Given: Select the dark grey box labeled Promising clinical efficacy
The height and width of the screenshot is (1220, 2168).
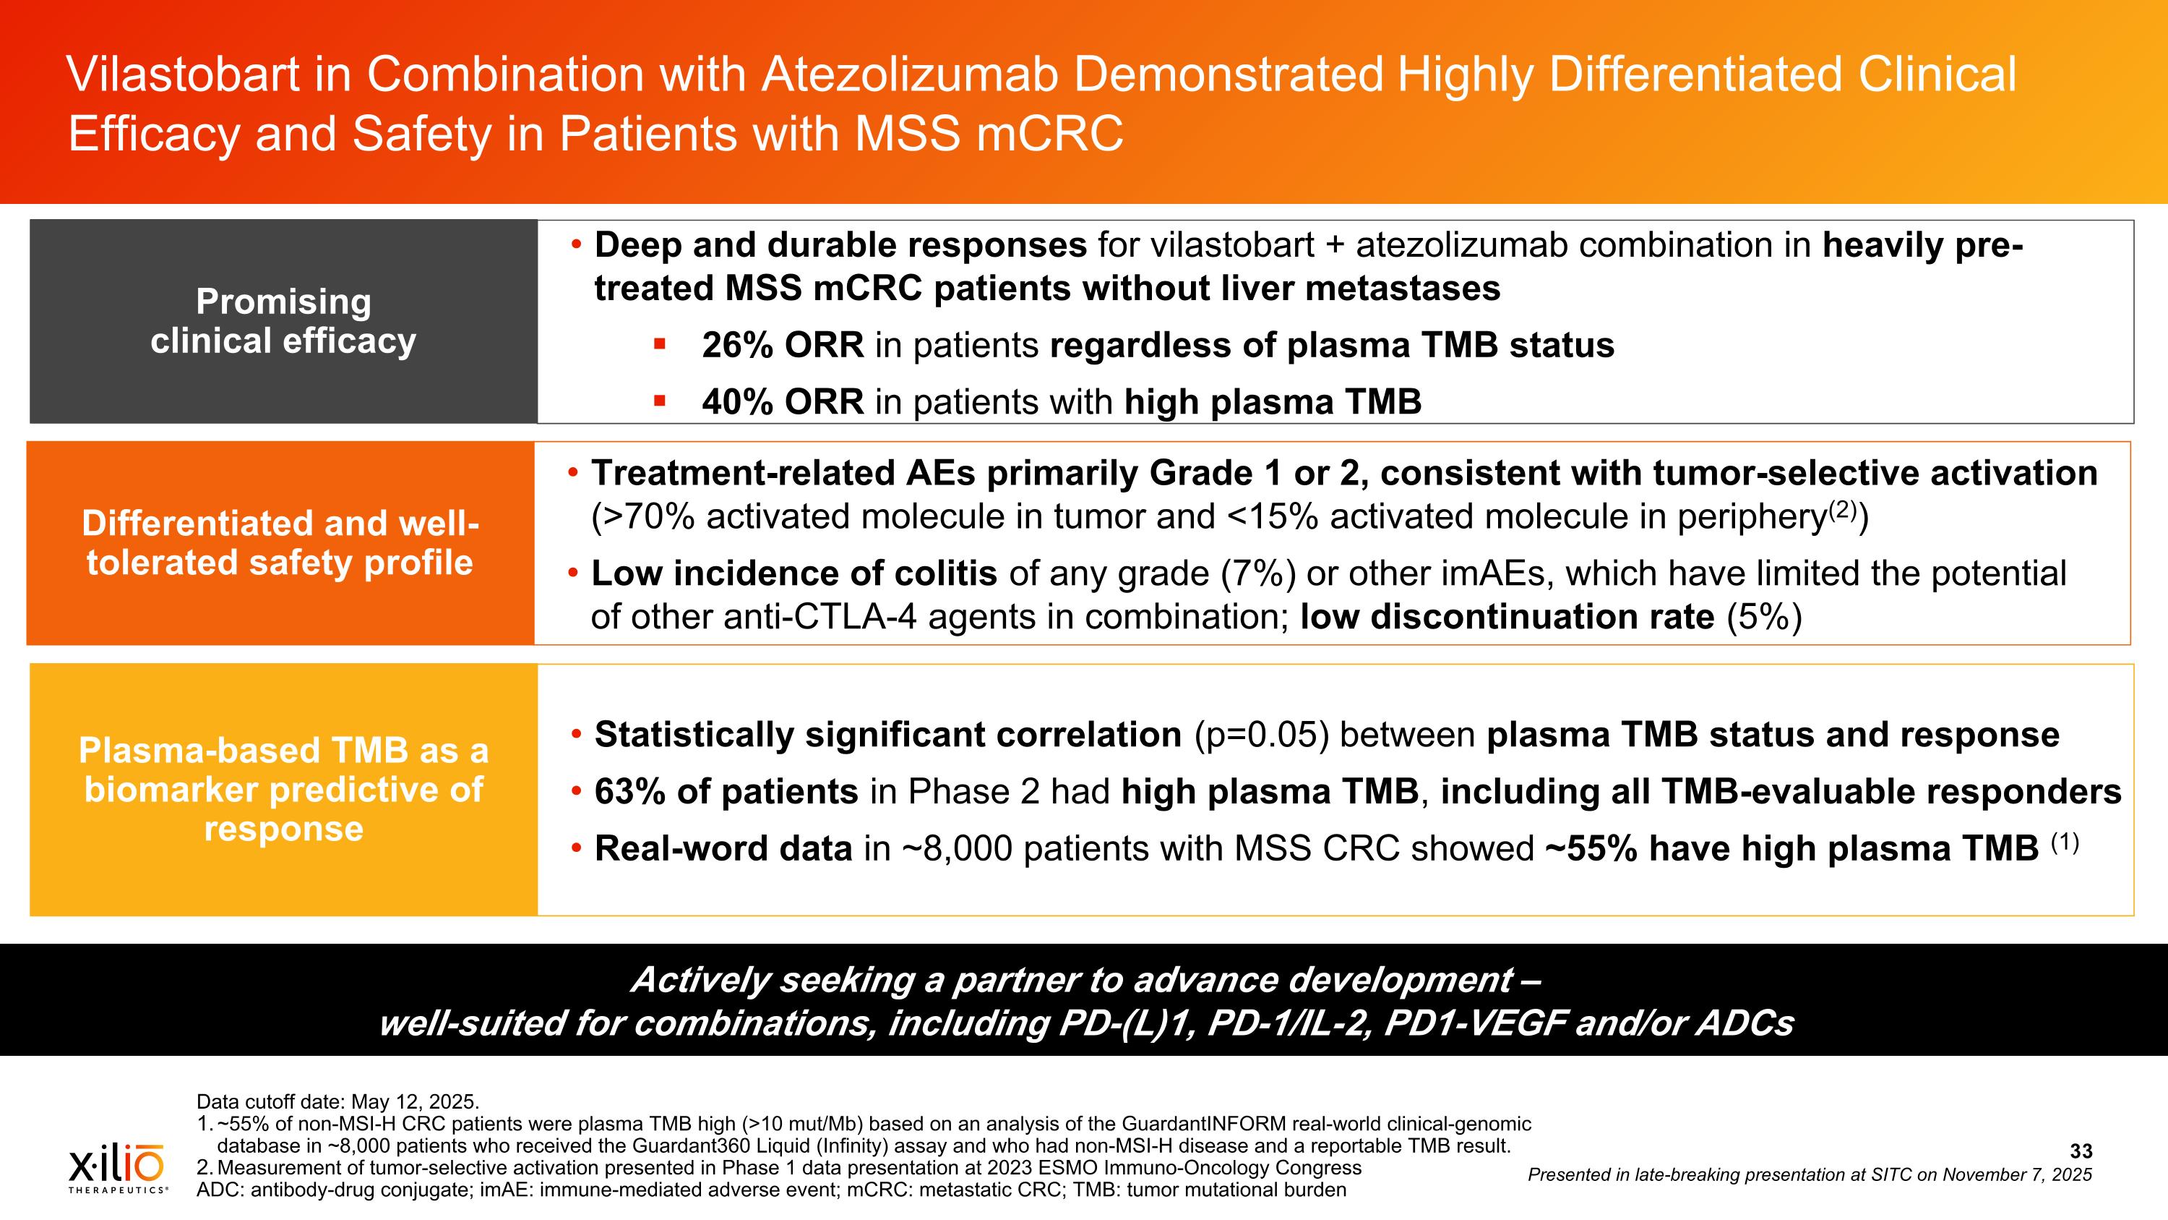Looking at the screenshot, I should point(283,321).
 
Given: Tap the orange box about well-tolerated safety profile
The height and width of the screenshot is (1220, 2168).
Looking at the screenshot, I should point(280,543).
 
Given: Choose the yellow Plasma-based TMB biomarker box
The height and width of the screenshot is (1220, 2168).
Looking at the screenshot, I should point(283,789).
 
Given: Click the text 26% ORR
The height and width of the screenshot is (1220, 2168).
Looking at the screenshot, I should point(782,345).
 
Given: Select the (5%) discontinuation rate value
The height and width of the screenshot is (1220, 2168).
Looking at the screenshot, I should point(1764,617).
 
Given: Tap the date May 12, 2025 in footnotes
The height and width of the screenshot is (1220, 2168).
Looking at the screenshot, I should point(414,1101).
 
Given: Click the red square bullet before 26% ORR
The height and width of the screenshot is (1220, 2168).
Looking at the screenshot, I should point(659,344).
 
